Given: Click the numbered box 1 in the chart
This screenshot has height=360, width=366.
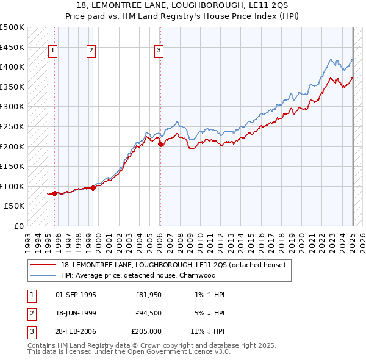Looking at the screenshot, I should pyautogui.click(x=52, y=51).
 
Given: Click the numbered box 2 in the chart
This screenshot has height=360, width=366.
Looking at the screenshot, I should pyautogui.click(x=91, y=51).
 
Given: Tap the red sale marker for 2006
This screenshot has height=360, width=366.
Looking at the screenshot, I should pyautogui.click(x=160, y=145).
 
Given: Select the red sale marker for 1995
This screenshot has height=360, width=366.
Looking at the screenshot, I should pyautogui.click(x=54, y=193).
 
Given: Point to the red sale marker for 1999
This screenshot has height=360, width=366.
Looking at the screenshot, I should pyautogui.click(x=93, y=188).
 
